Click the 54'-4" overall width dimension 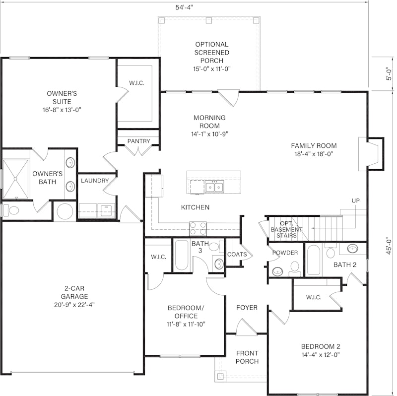pos(184,7)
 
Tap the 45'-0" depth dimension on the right pos(389,246)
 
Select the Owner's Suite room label pos(62,97)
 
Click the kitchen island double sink pos(214,187)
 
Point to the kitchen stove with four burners pos(198,229)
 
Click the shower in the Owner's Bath pos(15,179)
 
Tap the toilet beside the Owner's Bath pos(11,210)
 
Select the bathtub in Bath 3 pos(181,255)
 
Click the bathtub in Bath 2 pos(314,260)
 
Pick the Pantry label pos(139,141)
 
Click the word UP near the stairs pos(355,201)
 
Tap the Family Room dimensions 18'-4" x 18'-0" pos(314,154)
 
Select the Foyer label pos(247,307)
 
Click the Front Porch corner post pos(220,376)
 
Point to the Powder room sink pos(277,271)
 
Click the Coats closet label pos(237,254)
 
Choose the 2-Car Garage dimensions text pos(74,305)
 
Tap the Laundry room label pos(95,181)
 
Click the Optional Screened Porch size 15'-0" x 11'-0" pos(212,69)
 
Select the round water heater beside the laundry pos(65,211)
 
